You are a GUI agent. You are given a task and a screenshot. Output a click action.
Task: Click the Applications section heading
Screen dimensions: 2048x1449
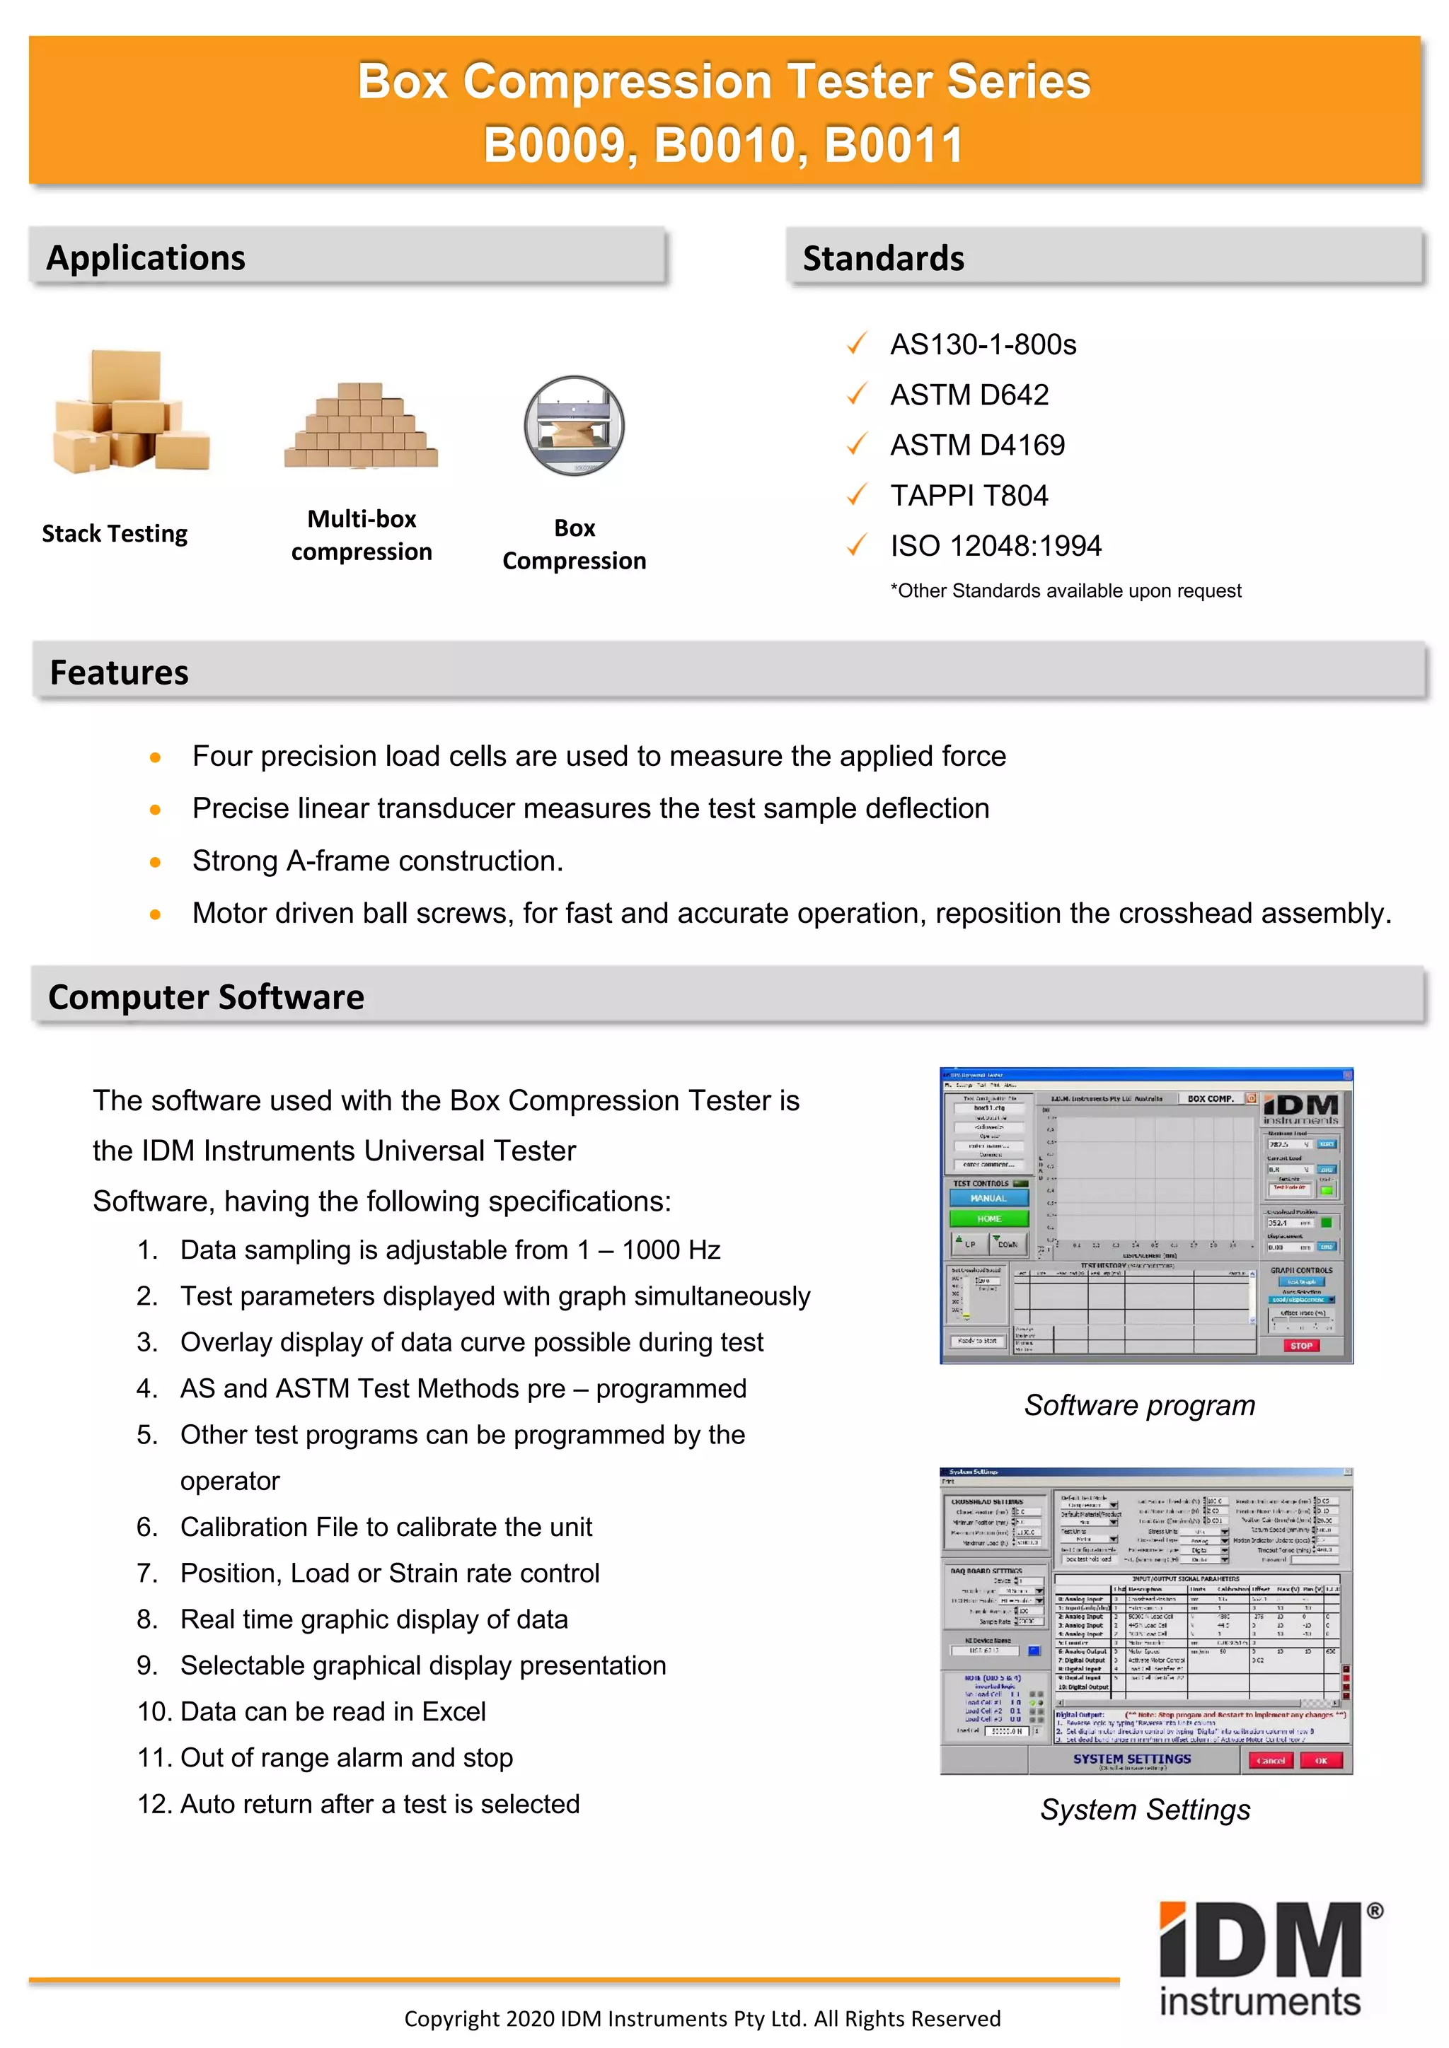(x=146, y=258)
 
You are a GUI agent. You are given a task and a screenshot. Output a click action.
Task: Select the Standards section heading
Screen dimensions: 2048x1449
(x=882, y=259)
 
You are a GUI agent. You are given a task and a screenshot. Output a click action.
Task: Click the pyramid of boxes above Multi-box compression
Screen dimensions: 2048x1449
(x=362, y=426)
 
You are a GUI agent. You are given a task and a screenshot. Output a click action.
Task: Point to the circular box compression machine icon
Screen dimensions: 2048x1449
(x=574, y=426)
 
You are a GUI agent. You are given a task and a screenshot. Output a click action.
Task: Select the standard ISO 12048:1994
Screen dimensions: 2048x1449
(x=995, y=546)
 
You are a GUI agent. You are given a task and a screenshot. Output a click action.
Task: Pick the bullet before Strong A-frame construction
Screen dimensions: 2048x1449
(x=155, y=861)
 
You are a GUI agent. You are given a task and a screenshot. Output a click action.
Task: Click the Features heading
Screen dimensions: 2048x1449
(x=119, y=673)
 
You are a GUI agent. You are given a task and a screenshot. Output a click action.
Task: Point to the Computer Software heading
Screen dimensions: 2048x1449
(x=206, y=997)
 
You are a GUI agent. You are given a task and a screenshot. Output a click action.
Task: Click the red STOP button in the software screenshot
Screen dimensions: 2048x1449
(x=1301, y=1345)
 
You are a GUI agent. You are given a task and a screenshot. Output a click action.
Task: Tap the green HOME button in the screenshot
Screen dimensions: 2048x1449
(x=988, y=1218)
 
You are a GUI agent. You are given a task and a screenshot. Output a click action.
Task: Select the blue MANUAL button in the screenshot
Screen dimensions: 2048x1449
(x=988, y=1198)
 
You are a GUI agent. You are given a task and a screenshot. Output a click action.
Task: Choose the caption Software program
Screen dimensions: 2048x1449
(x=1139, y=1405)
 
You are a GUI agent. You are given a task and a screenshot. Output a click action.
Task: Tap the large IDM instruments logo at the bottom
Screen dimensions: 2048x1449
(x=1262, y=1959)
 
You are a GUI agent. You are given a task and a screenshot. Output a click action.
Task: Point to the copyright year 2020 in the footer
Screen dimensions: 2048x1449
(x=530, y=2018)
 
